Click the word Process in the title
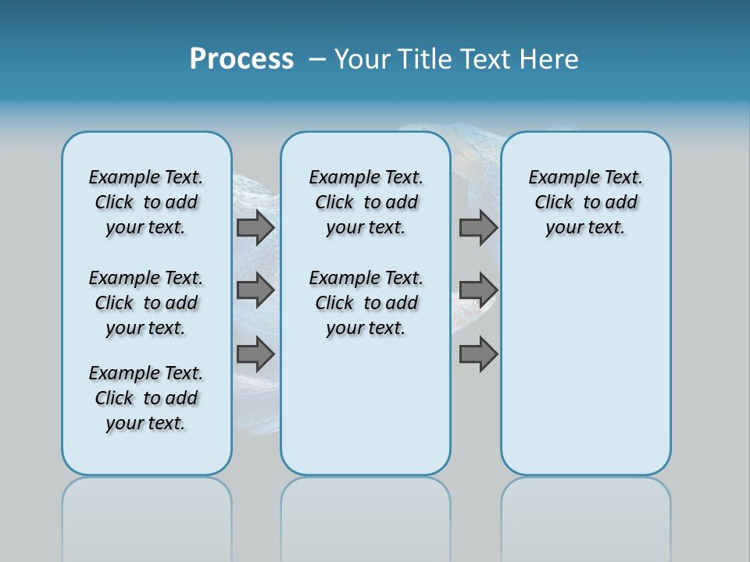pyautogui.click(x=241, y=59)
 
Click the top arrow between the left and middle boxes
pyautogui.click(x=255, y=227)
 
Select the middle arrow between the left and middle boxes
pyautogui.click(x=255, y=290)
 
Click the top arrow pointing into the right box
pyautogui.click(x=478, y=227)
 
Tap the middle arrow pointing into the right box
pyautogui.click(x=478, y=290)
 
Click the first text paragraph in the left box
pyautogui.click(x=146, y=202)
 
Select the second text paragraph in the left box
pyautogui.click(x=146, y=303)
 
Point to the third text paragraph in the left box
pyautogui.click(x=146, y=398)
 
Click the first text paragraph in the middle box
pyautogui.click(x=366, y=202)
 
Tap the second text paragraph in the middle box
pyautogui.click(x=366, y=303)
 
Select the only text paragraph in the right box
pyautogui.click(x=585, y=202)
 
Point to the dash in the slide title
pyautogui.click(x=317, y=60)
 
